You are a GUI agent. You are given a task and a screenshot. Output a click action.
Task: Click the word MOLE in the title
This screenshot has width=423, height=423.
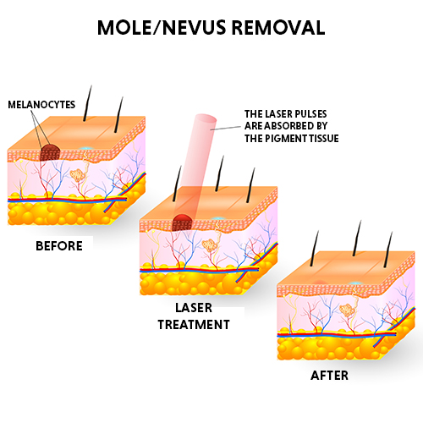coord(124,28)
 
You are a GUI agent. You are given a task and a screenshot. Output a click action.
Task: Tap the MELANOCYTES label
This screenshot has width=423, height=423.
coord(41,105)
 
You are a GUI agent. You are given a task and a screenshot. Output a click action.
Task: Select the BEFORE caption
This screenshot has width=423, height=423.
coord(59,246)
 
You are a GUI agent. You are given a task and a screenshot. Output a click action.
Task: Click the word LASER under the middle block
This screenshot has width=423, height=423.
coord(194,308)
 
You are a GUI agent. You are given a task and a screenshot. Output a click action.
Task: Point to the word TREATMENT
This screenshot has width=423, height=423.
coord(194,325)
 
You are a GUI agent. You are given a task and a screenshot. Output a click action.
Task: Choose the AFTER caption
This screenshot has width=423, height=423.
coord(329,376)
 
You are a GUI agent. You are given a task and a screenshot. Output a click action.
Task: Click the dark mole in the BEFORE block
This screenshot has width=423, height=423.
coord(50,152)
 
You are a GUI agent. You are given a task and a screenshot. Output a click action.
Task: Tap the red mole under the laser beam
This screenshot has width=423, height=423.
coord(182,222)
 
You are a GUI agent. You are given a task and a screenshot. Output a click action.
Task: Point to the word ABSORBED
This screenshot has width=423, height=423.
coord(291,126)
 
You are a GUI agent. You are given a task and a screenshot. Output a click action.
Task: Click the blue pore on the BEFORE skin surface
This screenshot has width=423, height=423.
coord(85,148)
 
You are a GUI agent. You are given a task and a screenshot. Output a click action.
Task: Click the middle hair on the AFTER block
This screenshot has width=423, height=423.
coord(357,238)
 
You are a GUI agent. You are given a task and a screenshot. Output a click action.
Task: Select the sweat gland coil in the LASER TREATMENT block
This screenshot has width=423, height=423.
coord(210,245)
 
